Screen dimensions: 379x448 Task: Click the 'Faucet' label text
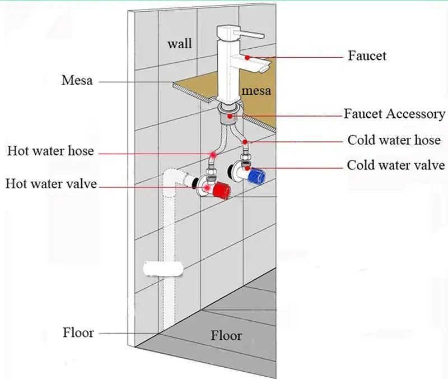[x=367, y=56]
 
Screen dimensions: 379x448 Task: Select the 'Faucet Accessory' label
[x=394, y=114]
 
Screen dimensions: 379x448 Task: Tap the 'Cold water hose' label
[x=394, y=140]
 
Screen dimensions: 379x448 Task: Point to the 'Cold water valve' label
[x=395, y=165]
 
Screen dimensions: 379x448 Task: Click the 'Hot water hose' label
[x=50, y=151]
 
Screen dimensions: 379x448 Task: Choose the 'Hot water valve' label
[x=51, y=183]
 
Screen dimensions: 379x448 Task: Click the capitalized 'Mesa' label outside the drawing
[x=77, y=80]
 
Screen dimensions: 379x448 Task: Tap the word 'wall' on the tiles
[x=180, y=43]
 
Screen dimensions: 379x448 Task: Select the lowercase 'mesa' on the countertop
[x=256, y=90]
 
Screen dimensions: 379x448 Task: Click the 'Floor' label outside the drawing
[x=78, y=332]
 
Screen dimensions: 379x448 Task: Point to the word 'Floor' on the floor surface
[x=226, y=336]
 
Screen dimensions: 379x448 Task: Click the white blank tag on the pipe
[x=164, y=267]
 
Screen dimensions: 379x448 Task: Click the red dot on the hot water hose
[x=213, y=155]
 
